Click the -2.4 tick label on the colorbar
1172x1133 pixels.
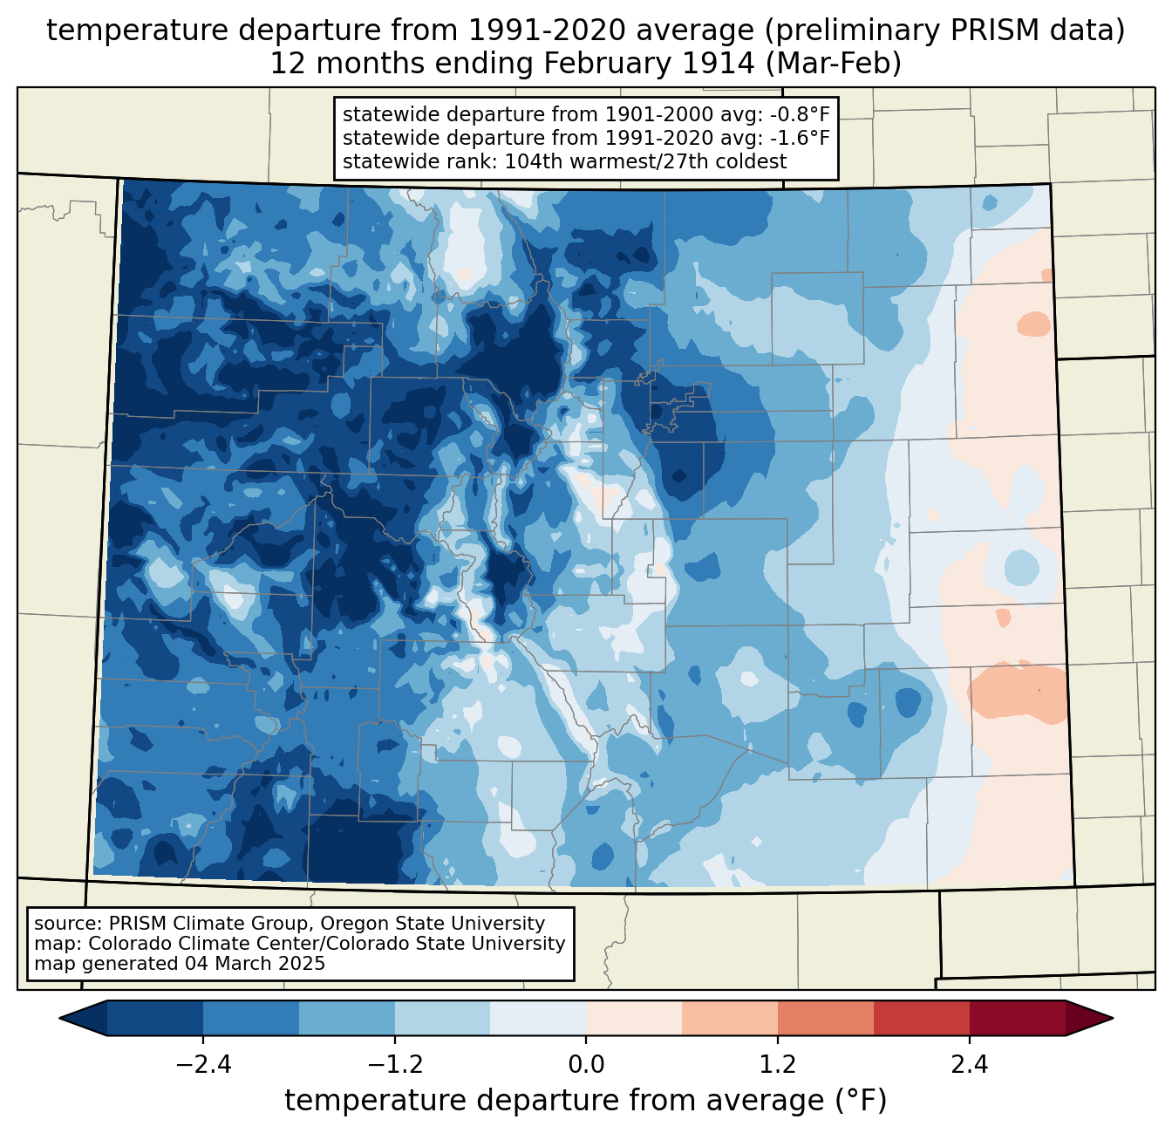tap(203, 1065)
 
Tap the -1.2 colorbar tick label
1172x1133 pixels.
tap(395, 1065)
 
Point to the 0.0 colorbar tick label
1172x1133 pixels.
tap(586, 1065)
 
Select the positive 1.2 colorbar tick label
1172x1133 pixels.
tap(778, 1065)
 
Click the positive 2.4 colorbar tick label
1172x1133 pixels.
tap(969, 1065)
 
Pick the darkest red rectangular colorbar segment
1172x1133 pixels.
tap(1017, 1018)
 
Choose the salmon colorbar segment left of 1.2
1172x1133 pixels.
tap(730, 1018)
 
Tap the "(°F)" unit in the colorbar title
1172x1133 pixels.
tap(861, 1101)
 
